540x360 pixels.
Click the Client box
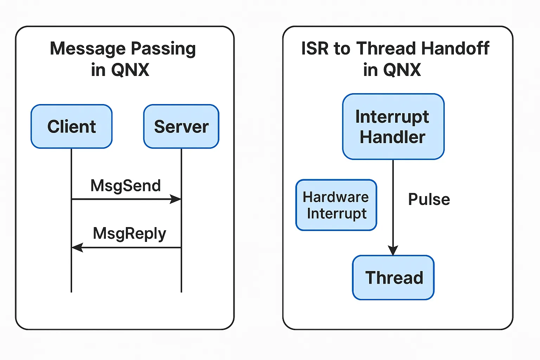[x=72, y=127]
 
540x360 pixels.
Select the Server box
[x=181, y=127]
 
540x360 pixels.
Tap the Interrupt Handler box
[x=393, y=127]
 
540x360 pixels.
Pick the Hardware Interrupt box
[x=336, y=205]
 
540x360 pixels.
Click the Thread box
[x=393, y=278]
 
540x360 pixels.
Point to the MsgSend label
[x=126, y=186]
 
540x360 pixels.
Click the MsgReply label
[x=129, y=234]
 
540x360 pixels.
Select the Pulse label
[x=429, y=199]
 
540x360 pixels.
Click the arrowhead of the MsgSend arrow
[x=176, y=199]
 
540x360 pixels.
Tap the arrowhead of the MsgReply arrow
[x=77, y=247]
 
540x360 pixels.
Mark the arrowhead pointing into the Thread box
[x=393, y=250]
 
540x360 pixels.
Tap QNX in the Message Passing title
[x=130, y=70]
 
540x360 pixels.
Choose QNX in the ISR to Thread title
[x=402, y=70]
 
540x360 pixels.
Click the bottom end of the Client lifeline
[x=71, y=291]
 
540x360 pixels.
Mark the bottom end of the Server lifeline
[x=181, y=291]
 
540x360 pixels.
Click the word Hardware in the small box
[x=336, y=197]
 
